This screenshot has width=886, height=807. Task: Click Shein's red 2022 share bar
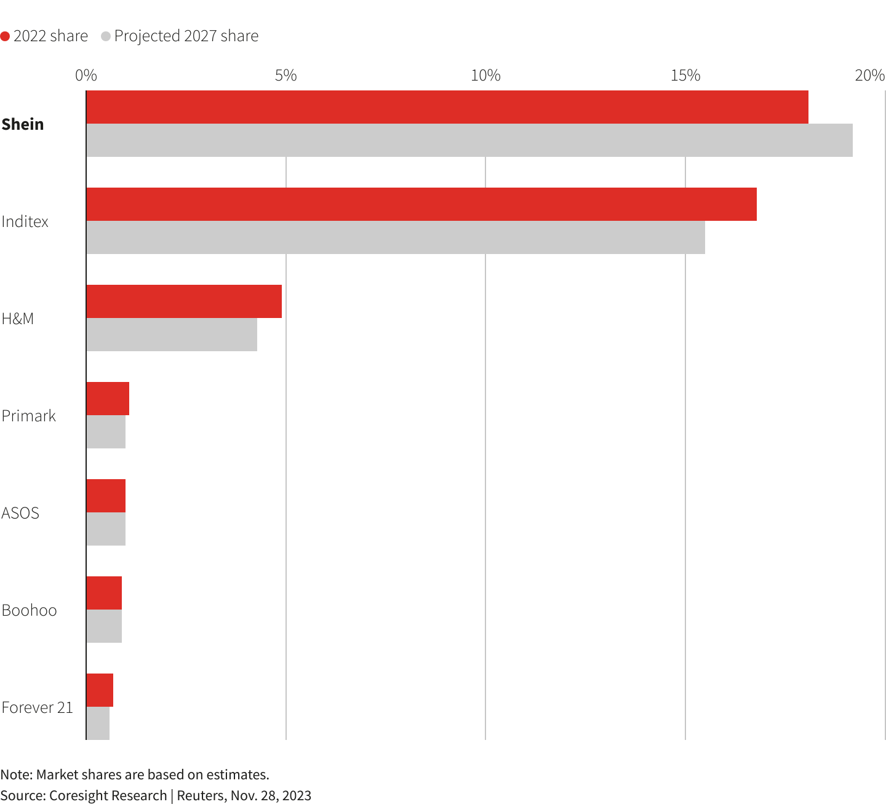447,107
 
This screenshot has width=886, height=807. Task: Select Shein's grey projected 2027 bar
469,140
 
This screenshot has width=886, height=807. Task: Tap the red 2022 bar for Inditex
421,204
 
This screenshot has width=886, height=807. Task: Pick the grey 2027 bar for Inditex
395,237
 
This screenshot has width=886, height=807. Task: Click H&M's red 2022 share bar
183,301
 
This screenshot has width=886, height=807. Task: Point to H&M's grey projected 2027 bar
171,335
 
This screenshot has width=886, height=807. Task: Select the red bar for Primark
108,399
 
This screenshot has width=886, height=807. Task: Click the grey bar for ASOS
106,529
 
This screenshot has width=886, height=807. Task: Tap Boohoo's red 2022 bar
104,593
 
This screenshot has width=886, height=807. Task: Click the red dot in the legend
6,36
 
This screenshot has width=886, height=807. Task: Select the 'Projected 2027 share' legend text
186,36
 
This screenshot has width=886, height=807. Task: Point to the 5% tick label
285,76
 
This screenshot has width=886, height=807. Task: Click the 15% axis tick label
685,76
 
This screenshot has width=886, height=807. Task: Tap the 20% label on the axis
869,76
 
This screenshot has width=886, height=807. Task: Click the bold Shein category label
23,124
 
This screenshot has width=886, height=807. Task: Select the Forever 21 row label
37,707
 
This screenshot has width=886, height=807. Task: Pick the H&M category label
18,319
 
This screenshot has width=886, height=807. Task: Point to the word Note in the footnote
16,774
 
